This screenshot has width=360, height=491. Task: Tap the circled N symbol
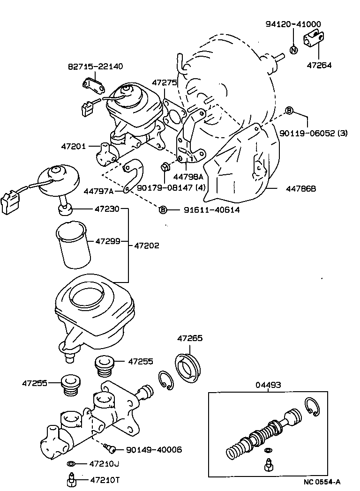click(x=293, y=50)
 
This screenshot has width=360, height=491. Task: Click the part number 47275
click(x=164, y=82)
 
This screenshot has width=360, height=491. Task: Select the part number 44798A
click(x=187, y=177)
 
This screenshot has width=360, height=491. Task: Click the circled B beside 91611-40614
click(x=163, y=210)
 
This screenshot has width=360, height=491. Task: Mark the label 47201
click(x=73, y=146)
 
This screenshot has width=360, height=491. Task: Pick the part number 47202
click(x=147, y=245)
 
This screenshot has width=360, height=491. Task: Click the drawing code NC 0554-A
click(x=322, y=481)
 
